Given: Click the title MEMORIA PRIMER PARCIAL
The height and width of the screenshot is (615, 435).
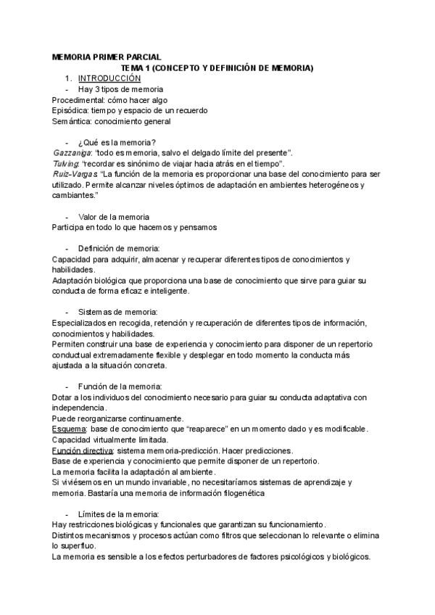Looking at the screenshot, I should [x=107, y=57].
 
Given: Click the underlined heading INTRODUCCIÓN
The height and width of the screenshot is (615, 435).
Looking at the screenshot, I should [x=109, y=78].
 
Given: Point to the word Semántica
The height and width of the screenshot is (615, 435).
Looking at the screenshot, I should [x=72, y=121].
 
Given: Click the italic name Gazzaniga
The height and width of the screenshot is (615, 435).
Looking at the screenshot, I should [x=72, y=152].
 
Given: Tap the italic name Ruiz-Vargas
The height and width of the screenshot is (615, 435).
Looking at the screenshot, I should [x=75, y=174].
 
